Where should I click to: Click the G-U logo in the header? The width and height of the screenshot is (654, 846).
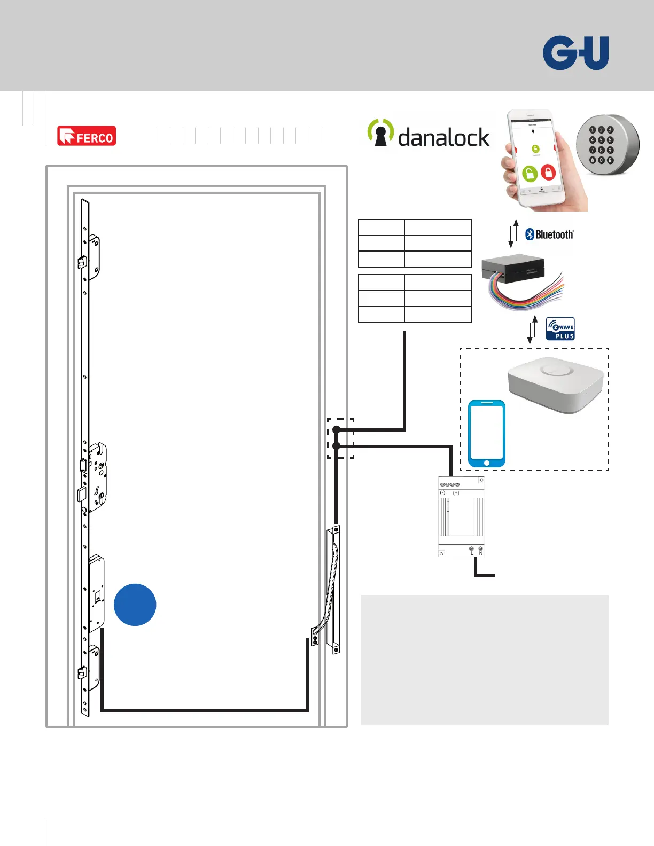tap(575, 53)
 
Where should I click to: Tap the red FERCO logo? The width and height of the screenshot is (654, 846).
tap(87, 136)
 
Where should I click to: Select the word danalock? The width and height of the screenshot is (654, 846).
tap(443, 138)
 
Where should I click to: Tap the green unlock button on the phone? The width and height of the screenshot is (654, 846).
tap(529, 174)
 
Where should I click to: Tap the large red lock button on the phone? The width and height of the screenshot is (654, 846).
tap(548, 172)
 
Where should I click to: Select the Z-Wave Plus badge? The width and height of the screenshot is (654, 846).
tap(560, 328)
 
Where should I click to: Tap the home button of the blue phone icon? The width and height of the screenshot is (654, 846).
tap(486, 463)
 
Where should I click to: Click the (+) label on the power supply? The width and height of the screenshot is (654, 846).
tap(456, 493)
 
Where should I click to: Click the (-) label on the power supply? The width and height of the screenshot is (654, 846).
tap(442, 493)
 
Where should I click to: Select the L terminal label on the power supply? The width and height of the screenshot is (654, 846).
tap(472, 553)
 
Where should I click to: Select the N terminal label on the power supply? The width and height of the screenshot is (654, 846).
tap(481, 553)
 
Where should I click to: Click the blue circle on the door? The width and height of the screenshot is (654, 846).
tap(135, 605)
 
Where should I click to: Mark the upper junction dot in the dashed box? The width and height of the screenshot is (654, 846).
tap(336, 429)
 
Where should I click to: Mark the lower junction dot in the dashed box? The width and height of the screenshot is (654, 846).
tap(336, 445)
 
